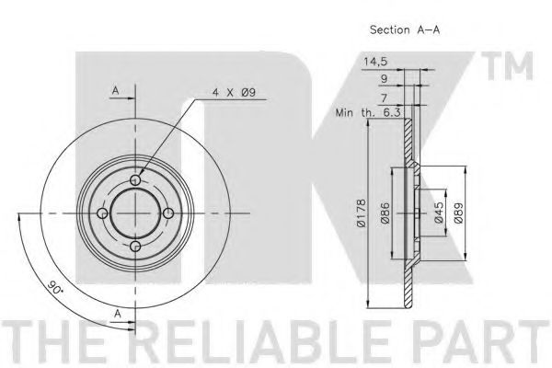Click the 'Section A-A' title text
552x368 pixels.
[405, 30]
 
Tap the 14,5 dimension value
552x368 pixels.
[375, 62]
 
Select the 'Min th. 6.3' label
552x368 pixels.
[368, 113]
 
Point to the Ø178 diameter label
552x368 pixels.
[361, 213]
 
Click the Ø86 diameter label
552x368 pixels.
[385, 213]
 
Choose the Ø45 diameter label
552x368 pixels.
[439, 213]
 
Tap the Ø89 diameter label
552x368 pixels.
[458, 213]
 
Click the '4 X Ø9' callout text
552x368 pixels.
[234, 93]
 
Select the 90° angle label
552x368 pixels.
[55, 287]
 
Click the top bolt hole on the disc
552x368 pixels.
[135, 180]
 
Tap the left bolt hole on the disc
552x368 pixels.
[102, 213]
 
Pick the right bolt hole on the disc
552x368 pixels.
[168, 213]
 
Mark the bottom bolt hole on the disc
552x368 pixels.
[135, 247]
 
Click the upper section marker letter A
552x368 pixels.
[116, 90]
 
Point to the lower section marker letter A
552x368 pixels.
[118, 314]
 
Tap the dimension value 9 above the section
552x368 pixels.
[385, 79]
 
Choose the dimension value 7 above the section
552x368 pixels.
[384, 98]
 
